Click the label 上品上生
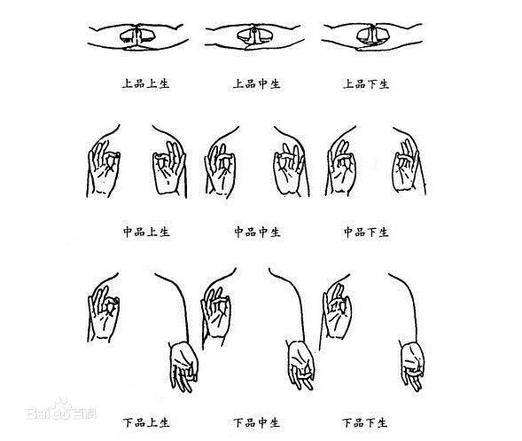[146, 83]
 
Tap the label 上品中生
[257, 83]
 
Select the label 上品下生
[366, 83]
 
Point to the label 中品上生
[146, 232]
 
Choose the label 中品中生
[257, 232]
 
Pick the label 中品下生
[366, 232]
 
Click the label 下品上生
[146, 422]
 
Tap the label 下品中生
[256, 422]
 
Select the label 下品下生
[365, 422]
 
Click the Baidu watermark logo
[61, 410]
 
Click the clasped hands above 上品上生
[137, 37]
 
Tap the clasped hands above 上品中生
[253, 36]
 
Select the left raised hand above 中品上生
[104, 169]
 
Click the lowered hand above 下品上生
[183, 366]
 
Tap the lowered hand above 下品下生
[412, 365]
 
